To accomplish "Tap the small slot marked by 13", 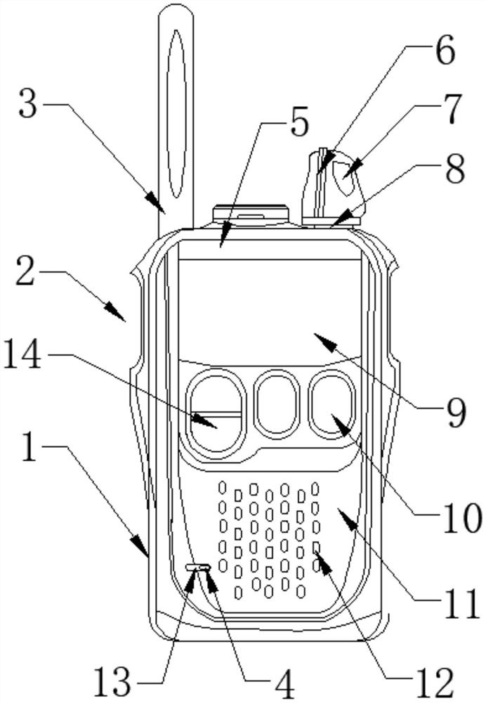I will coord(199,566).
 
